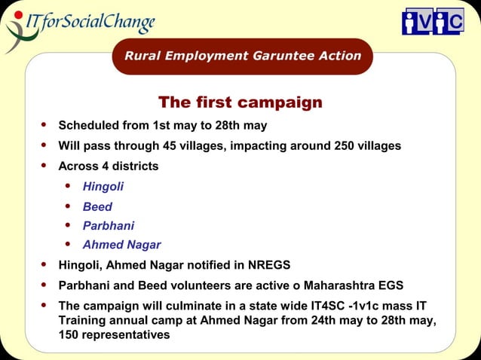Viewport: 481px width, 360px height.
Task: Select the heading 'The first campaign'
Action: pyautogui.click(x=240, y=102)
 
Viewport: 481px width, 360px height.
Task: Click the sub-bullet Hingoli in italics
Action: pyautogui.click(x=103, y=186)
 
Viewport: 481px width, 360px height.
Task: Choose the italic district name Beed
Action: pyautogui.click(x=98, y=206)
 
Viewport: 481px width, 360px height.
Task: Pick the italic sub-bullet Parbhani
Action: pyautogui.click(x=109, y=225)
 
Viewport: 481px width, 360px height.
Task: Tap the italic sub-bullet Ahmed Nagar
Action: pyautogui.click(x=121, y=245)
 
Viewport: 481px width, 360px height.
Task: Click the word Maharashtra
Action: pyautogui.click(x=337, y=285)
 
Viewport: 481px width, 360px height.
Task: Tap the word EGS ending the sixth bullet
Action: pyautogui.click(x=391, y=285)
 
